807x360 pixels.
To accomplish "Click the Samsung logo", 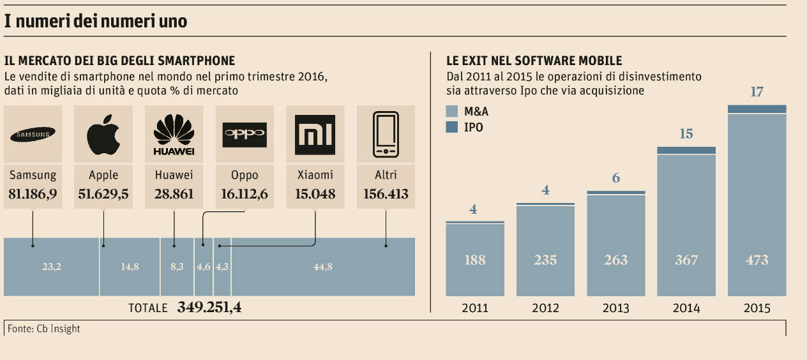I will [33, 134].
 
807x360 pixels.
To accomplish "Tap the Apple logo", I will [103, 135].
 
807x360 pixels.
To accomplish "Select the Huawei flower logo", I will [174, 133].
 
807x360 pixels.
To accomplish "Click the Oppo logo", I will [245, 135].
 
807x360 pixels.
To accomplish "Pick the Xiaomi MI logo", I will [315, 135].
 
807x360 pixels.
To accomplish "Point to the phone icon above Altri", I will [386, 135].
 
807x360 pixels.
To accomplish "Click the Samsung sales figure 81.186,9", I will [33, 194].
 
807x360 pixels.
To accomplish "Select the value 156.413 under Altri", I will [386, 194].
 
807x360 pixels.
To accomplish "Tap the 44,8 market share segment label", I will [323, 267].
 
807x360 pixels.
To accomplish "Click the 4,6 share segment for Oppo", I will [204, 267].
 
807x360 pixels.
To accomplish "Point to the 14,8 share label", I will [130, 267].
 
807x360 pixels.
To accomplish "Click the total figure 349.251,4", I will [209, 308].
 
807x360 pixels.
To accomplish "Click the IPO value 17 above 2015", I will [757, 92].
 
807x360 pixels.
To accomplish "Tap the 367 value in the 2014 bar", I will [686, 260].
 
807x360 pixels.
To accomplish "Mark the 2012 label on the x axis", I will [545, 308].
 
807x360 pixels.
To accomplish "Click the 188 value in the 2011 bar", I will [475, 260].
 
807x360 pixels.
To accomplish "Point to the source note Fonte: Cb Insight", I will [44, 329].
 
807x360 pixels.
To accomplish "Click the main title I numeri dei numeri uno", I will [96, 21].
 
